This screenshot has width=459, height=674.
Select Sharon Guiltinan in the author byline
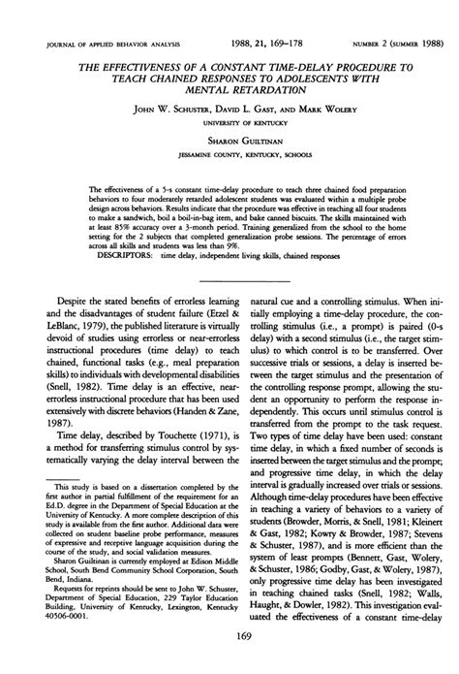click(229, 140)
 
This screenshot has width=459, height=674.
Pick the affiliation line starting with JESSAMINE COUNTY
click(230, 153)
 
